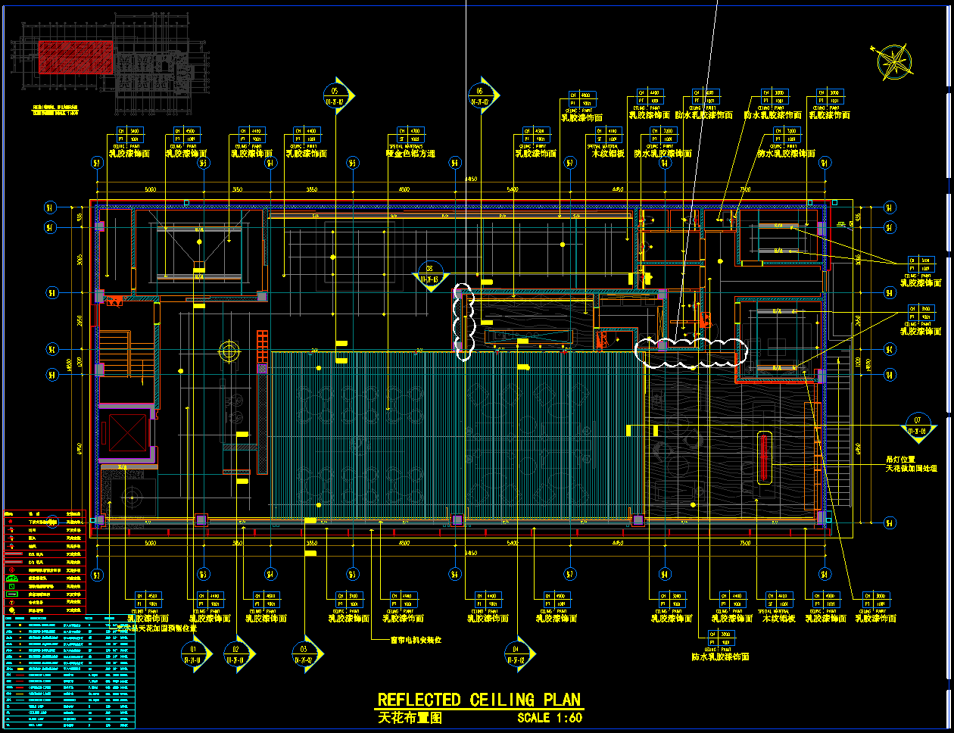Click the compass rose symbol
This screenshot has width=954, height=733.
894,61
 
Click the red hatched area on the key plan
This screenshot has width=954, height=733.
76,57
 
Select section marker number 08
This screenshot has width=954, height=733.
430,273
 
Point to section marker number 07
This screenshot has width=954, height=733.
918,424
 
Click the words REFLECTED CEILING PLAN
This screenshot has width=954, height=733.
479,700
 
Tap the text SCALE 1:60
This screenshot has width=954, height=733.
550,718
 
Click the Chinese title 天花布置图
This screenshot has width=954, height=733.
409,718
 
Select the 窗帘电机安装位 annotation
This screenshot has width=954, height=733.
416,640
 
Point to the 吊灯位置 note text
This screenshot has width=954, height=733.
900,460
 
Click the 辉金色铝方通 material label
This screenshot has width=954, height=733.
410,154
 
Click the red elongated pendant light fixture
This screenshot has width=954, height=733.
765,457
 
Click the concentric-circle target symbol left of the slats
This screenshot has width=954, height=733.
229,351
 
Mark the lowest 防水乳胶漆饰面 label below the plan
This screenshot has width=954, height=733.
720,657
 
